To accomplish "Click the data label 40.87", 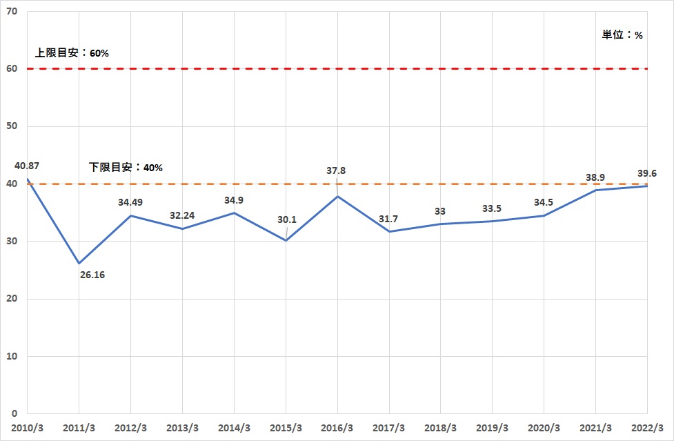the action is (x=27, y=166).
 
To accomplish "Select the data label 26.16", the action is (x=92, y=275).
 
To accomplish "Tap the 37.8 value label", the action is (x=336, y=170).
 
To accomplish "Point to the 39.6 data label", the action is (x=647, y=173).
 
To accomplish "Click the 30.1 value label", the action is (x=287, y=219).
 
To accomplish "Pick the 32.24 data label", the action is (x=182, y=215).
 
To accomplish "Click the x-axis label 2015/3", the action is (x=286, y=428).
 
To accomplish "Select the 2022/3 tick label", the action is (x=647, y=428).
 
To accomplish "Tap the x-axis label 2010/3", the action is (x=27, y=428).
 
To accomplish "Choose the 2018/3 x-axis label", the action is (x=441, y=428).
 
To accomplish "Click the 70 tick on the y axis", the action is (x=12, y=12).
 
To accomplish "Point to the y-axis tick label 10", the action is (x=12, y=356).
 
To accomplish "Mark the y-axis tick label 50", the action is (x=12, y=126).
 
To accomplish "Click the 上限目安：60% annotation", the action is (x=72, y=53).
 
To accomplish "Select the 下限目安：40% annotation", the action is (x=126, y=167).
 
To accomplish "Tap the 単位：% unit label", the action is (x=622, y=35).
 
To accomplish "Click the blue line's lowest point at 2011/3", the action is (x=79, y=263).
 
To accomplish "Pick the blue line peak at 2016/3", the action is (x=337, y=197).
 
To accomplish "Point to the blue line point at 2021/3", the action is (x=596, y=190).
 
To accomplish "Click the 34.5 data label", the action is (x=544, y=202).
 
